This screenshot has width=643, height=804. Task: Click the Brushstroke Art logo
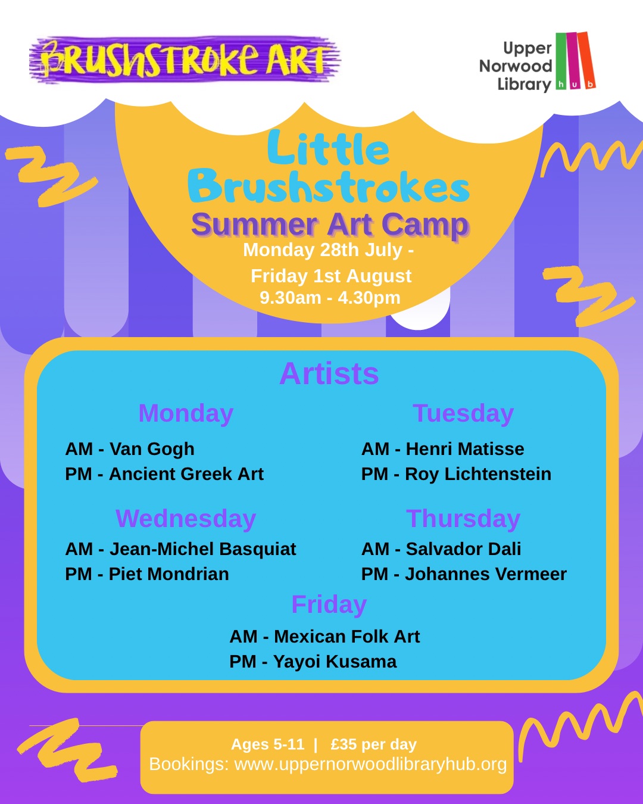click(x=185, y=60)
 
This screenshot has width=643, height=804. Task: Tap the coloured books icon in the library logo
click(x=575, y=61)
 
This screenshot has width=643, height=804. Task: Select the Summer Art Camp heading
click(x=330, y=225)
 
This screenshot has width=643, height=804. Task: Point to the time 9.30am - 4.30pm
click(x=330, y=298)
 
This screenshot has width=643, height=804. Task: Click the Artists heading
click(x=329, y=373)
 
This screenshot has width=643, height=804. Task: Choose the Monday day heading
click(x=186, y=413)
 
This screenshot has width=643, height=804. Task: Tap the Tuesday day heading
click(x=463, y=413)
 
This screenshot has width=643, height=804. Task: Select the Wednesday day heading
click(x=186, y=519)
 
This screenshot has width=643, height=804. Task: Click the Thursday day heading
click(x=463, y=519)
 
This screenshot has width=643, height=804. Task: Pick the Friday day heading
click(x=329, y=604)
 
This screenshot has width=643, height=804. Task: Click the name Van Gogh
click(x=152, y=449)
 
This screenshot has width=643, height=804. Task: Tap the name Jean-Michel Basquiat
click(x=202, y=549)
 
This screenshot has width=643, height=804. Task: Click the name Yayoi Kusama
click(x=335, y=662)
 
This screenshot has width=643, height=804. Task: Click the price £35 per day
click(x=374, y=744)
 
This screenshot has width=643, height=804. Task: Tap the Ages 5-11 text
click(x=267, y=744)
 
